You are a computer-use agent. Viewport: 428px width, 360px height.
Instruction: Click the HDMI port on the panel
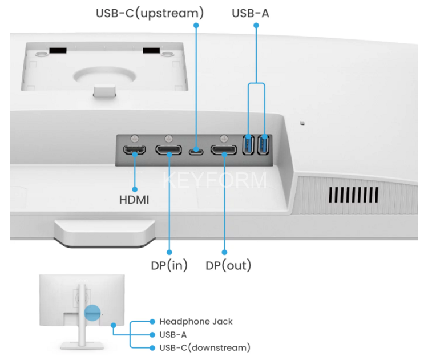135,151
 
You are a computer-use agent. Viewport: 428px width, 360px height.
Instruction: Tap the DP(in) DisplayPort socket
169,151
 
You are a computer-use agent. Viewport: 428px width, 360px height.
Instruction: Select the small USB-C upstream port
196,152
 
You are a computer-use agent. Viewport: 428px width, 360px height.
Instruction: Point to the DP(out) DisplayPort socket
224,151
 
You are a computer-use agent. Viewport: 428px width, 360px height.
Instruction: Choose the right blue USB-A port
263,145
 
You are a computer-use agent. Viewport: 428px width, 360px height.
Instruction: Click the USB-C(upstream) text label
150,12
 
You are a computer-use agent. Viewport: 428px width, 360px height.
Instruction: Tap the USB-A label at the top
250,12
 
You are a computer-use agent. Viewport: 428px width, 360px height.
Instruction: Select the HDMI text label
135,200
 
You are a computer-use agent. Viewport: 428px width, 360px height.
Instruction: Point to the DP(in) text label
169,266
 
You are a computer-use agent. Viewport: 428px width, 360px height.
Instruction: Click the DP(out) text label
228,266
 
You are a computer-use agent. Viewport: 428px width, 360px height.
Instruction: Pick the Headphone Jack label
196,322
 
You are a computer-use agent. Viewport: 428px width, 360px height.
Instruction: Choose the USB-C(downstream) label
204,347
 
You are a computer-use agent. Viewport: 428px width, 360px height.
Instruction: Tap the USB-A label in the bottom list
173,335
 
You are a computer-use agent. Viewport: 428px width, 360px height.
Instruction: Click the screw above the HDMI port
135,137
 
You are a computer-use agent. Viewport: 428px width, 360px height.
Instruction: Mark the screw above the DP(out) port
224,137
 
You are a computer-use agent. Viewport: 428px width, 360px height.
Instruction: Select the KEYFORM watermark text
214,180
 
